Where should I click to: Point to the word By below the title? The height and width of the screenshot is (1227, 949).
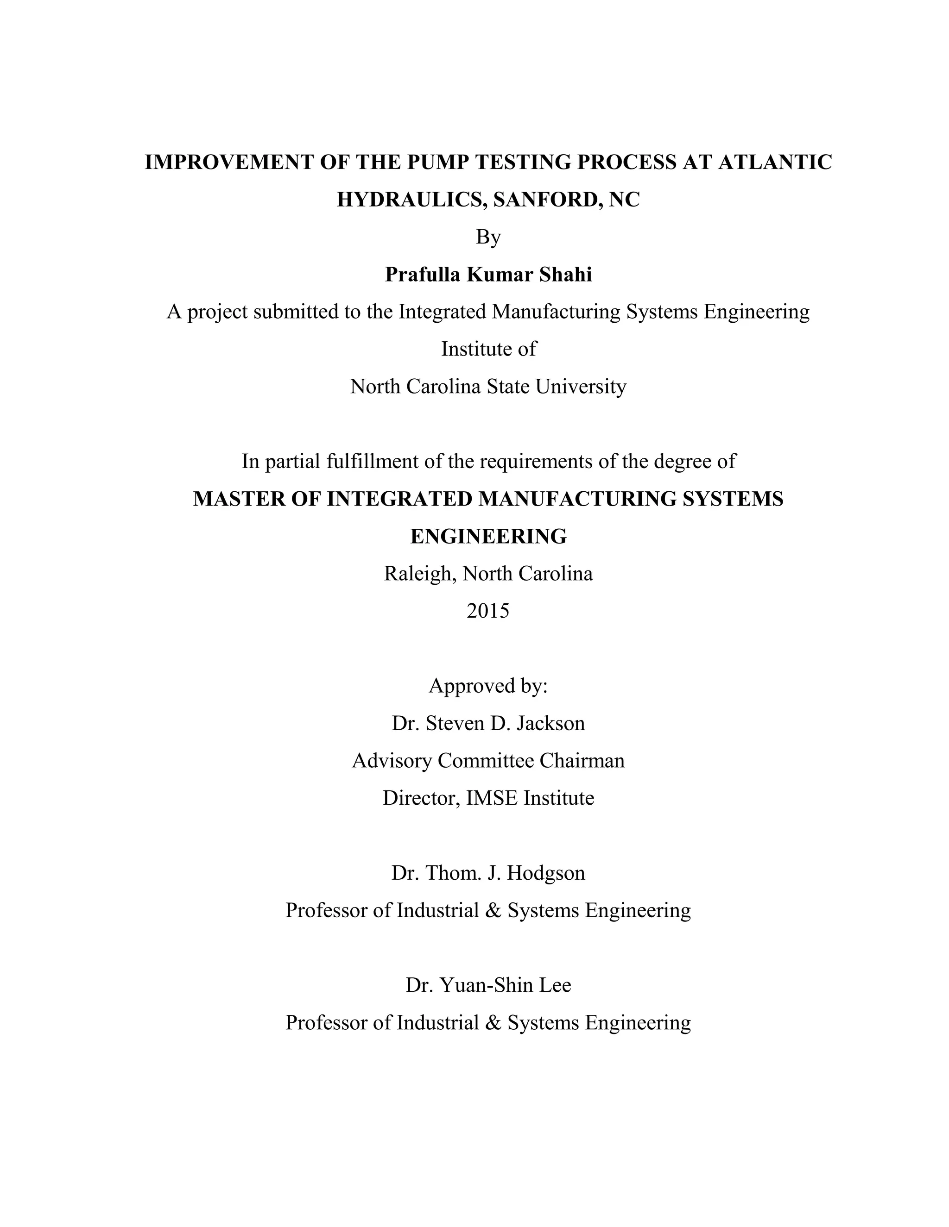(488, 237)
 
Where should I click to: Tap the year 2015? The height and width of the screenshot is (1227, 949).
(488, 611)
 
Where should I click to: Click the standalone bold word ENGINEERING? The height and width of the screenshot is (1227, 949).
(488, 537)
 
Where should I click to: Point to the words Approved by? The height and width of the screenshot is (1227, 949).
(488, 686)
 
